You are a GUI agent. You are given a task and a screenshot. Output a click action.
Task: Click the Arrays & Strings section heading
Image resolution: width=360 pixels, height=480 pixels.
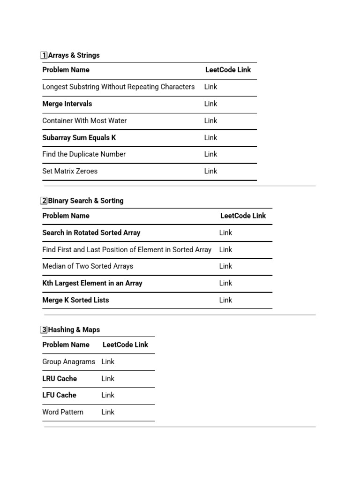pyautogui.click(x=74, y=55)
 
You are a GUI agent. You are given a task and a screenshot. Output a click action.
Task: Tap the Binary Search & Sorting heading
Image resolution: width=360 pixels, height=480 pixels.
pyautogui.click(x=86, y=201)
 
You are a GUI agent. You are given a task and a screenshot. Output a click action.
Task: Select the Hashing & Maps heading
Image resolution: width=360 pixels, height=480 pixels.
pyautogui.click(x=74, y=330)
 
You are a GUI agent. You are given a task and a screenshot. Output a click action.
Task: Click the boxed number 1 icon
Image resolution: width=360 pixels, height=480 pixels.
pyautogui.click(x=44, y=55)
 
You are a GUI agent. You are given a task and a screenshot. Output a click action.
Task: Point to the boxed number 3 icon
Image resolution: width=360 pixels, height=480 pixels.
pyautogui.click(x=44, y=330)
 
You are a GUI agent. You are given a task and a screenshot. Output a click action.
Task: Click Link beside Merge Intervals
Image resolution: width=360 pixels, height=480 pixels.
pyautogui.click(x=210, y=104)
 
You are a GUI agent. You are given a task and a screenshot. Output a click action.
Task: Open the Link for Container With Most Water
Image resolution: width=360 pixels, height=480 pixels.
pyautogui.click(x=210, y=120)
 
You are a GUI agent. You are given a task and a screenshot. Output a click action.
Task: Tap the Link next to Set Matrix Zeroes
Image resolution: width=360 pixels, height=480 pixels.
pyautogui.click(x=210, y=171)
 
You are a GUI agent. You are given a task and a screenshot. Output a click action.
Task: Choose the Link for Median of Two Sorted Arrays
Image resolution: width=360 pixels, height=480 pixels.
pyautogui.click(x=225, y=266)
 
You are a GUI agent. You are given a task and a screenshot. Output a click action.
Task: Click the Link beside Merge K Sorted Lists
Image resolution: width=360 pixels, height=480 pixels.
pyautogui.click(x=225, y=300)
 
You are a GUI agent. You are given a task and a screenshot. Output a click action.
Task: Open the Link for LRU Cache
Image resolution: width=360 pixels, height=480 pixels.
pyautogui.click(x=108, y=378)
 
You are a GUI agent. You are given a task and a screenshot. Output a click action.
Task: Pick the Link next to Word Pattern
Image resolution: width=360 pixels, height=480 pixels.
pyautogui.click(x=108, y=412)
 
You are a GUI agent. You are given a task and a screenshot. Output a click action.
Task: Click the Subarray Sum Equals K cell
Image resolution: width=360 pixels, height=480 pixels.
pyautogui.click(x=79, y=138)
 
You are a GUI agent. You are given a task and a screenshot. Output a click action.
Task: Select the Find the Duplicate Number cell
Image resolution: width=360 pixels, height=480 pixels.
pyautogui.click(x=84, y=154)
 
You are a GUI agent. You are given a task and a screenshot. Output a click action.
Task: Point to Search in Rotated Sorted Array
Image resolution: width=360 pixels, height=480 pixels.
pyautogui.click(x=91, y=232)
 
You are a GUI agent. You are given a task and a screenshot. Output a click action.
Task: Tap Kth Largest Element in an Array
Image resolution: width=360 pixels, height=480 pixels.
pyautogui.click(x=92, y=283)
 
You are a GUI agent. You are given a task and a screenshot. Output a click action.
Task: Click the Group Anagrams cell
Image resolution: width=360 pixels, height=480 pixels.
pyautogui.click(x=68, y=362)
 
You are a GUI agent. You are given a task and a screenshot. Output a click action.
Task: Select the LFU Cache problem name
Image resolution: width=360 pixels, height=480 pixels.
pyautogui.click(x=59, y=395)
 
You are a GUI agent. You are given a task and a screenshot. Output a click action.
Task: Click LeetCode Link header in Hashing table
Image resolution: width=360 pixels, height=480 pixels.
pyautogui.click(x=125, y=345)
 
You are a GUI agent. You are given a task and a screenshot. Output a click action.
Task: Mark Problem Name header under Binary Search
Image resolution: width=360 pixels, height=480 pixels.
pyautogui.click(x=66, y=216)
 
